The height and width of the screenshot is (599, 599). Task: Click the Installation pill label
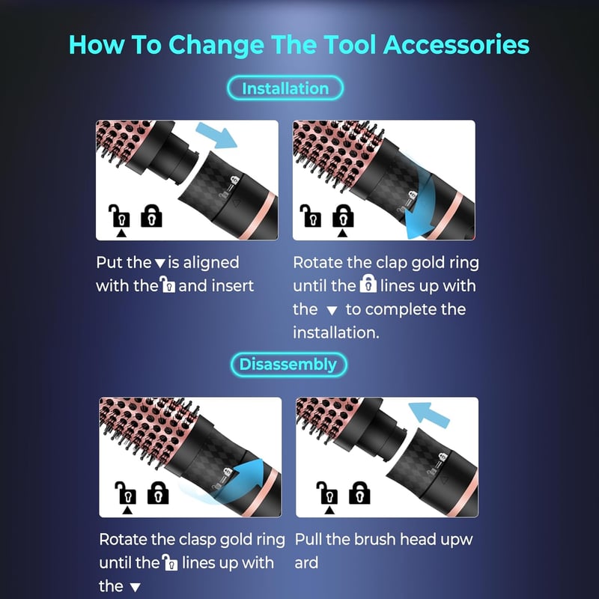(x=285, y=88)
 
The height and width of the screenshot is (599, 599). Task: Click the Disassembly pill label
(x=288, y=365)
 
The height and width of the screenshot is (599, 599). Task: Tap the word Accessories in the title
(x=456, y=45)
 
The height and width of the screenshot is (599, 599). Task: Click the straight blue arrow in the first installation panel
(x=216, y=136)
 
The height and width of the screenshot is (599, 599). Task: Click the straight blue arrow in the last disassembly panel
(x=429, y=416)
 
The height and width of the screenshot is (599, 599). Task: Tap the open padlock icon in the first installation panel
(x=119, y=216)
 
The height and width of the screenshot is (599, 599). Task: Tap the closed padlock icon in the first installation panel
(x=152, y=216)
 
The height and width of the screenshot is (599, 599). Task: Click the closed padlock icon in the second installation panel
(x=343, y=216)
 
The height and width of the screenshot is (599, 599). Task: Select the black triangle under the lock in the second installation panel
(x=343, y=233)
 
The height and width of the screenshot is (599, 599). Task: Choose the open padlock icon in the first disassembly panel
(x=126, y=493)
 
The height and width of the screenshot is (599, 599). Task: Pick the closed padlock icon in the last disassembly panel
(x=359, y=493)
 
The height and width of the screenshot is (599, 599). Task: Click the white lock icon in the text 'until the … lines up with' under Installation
(x=368, y=284)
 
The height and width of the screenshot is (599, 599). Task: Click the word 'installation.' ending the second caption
(x=336, y=332)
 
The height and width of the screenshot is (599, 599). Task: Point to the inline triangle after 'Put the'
(x=160, y=264)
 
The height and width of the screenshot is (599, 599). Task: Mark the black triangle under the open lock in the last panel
(x=329, y=511)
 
